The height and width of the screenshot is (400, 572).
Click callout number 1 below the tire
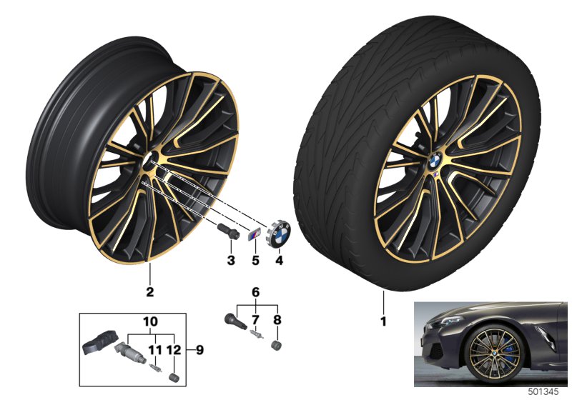pos(383,321)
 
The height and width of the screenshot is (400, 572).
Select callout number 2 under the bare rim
pos(149,291)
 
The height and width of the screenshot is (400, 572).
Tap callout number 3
pos(231,261)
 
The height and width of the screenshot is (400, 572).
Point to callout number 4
pos(279,261)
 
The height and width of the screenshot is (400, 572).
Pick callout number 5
pos(255,261)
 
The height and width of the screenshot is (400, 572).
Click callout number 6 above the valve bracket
pos(255,292)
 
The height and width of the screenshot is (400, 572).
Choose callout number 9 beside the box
pos(199,350)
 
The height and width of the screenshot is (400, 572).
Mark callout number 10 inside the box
pos(150,321)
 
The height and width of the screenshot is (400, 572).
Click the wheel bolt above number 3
pos(227,231)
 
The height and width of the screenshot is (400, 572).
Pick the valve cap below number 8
pos(277,345)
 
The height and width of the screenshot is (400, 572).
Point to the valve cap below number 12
pos(174,377)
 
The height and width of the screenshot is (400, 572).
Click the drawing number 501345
pos(543,392)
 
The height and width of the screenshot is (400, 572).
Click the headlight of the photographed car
pos(445,321)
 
